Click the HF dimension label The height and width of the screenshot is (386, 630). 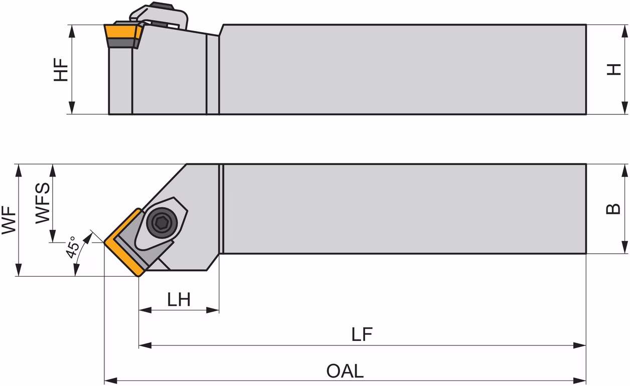[x=61, y=70]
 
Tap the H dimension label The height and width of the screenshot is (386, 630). [x=613, y=70]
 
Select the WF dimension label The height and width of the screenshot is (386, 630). [x=9, y=220]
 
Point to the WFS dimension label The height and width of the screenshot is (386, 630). [x=43, y=203]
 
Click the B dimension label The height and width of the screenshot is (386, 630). [x=613, y=209]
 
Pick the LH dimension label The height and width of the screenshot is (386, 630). [x=179, y=299]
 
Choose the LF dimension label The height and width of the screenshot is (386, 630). [x=362, y=334]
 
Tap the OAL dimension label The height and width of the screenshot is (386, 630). [x=345, y=371]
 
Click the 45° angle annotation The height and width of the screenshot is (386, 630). [x=71, y=247]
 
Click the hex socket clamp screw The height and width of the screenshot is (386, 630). [x=162, y=223]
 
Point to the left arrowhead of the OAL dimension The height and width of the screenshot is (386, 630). [x=110, y=380]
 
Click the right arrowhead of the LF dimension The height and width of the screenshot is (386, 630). [x=580, y=345]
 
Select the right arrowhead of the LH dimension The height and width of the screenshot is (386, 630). [x=213, y=310]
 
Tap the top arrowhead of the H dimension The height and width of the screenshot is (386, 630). [x=624, y=31]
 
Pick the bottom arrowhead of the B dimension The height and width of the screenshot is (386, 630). [x=624, y=247]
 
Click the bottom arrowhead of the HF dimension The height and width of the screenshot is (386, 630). [x=72, y=108]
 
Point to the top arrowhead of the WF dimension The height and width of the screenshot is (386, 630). [x=19, y=170]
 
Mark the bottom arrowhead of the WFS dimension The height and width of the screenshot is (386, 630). [x=53, y=236]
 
